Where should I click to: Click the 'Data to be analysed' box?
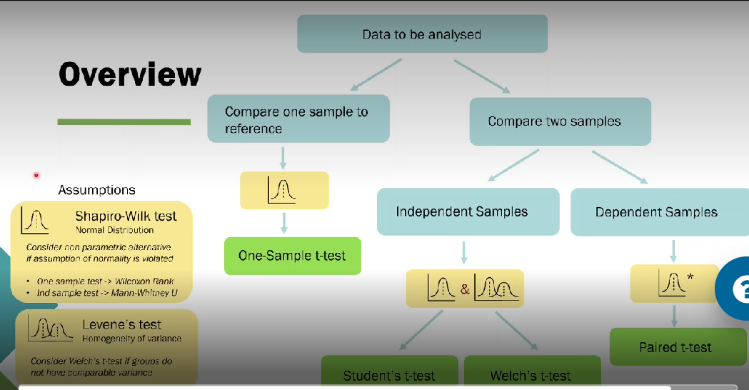(x=422, y=34)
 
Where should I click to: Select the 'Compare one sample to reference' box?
(x=298, y=119)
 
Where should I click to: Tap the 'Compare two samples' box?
(x=560, y=121)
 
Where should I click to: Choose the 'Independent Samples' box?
(x=468, y=211)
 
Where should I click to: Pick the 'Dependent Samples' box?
(x=656, y=211)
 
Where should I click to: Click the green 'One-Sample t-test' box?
(x=292, y=256)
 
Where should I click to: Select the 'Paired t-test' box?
(x=675, y=347)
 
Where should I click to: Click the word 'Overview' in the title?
(x=130, y=74)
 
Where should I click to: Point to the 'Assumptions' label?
(x=96, y=190)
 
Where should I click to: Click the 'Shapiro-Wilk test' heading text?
(x=126, y=216)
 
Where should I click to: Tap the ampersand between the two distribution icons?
(x=465, y=289)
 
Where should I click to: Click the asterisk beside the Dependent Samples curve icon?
(x=690, y=276)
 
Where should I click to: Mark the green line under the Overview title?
(x=124, y=122)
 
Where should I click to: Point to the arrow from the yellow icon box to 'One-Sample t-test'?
(x=284, y=223)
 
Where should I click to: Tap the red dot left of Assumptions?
(x=36, y=175)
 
